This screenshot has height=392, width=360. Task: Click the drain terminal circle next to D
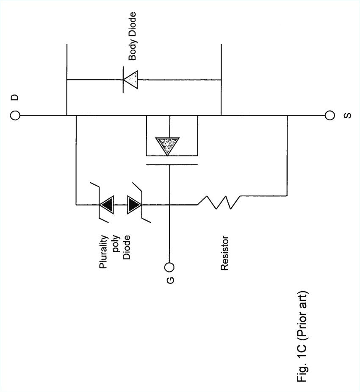(x=14, y=115)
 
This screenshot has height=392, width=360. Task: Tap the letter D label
(x=14, y=98)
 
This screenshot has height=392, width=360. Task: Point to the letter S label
(x=347, y=115)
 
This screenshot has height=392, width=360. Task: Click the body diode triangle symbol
(x=131, y=79)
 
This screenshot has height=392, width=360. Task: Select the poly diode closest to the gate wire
(x=135, y=205)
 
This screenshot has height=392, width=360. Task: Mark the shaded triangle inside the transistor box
(x=166, y=146)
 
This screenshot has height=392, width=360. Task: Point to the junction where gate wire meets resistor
(x=169, y=205)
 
